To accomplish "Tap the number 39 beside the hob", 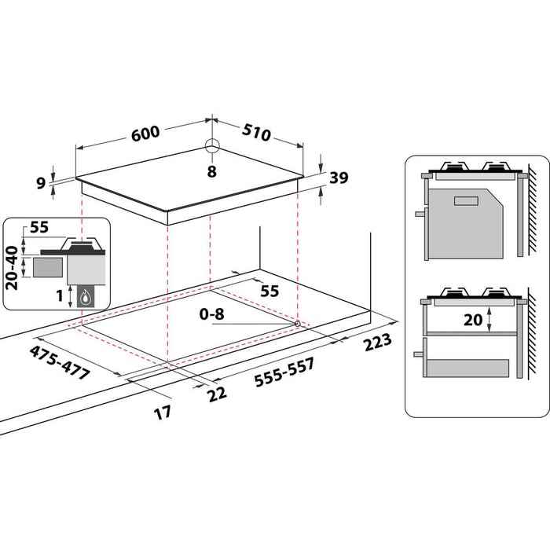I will pyautogui.click(x=339, y=178).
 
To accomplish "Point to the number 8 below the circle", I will pyautogui.click(x=211, y=170).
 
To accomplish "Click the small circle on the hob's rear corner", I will pyautogui.click(x=211, y=145).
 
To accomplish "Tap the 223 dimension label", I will pyautogui.click(x=379, y=344).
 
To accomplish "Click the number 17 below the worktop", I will pyautogui.click(x=163, y=412).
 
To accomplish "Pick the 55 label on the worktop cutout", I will pyautogui.click(x=269, y=291).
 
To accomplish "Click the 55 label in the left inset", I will pyautogui.click(x=37, y=229).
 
